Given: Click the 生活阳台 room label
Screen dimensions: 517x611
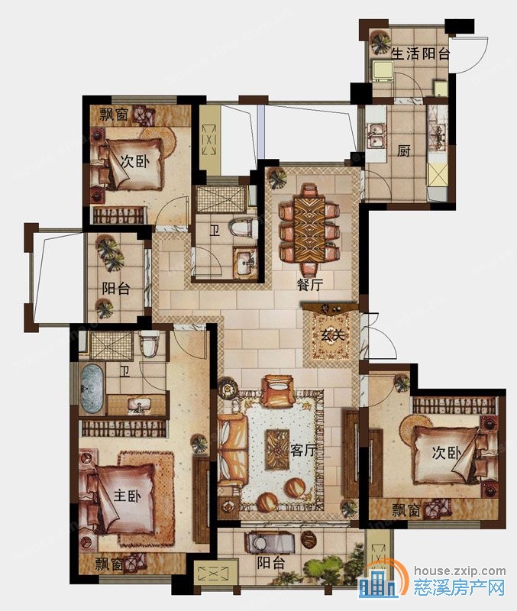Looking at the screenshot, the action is (420, 53).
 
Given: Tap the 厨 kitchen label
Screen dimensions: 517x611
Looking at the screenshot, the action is (404, 150).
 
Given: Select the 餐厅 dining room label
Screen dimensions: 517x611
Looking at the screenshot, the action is (310, 284).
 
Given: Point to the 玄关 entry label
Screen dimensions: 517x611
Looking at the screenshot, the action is (332, 335).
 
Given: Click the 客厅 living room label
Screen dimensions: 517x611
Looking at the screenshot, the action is (303, 451).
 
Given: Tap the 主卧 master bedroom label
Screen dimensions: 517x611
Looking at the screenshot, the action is (127, 496).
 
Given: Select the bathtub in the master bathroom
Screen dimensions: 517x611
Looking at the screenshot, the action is (92, 389).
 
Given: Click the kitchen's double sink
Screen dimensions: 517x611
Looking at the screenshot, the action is (375, 135).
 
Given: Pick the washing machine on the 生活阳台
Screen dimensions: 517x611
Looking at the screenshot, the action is (383, 71).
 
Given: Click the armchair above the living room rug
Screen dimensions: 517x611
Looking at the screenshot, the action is (277, 391).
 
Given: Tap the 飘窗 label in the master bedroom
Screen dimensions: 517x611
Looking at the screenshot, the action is (108, 564).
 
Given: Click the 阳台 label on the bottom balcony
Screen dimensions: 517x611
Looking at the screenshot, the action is (271, 563).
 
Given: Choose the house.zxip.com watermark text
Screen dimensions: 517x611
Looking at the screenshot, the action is (460, 571).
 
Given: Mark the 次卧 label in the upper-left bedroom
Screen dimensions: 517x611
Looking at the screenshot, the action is (134, 160).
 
